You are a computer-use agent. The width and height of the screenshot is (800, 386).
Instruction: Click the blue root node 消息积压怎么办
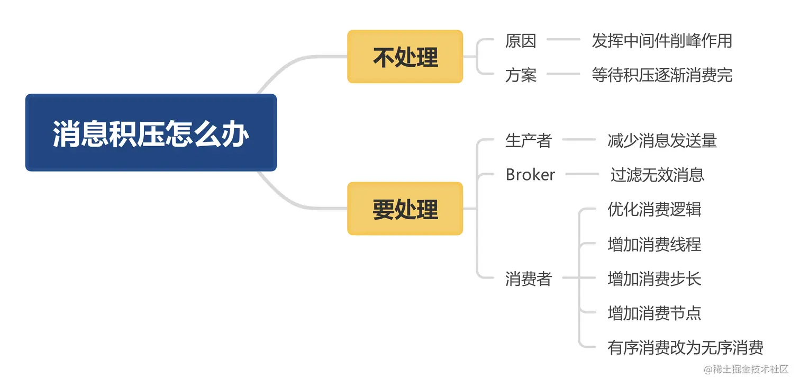point(151,133)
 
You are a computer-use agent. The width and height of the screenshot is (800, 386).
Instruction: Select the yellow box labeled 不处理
point(405,57)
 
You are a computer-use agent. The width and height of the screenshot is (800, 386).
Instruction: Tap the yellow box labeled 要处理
point(405,209)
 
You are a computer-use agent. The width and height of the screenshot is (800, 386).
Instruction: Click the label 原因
point(521,41)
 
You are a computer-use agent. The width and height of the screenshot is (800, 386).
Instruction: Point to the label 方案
point(521,75)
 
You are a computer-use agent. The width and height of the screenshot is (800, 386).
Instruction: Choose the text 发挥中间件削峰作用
point(662,41)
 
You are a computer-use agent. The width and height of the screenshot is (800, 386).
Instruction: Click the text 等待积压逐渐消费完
point(662,75)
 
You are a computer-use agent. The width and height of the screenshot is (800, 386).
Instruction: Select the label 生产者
point(529,140)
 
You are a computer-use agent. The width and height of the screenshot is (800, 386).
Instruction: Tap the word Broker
point(530,175)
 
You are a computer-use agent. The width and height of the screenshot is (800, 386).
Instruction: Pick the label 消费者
point(529,279)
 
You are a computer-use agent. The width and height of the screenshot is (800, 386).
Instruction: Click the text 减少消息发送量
point(662,140)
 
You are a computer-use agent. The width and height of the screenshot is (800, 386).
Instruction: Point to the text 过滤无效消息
point(658,175)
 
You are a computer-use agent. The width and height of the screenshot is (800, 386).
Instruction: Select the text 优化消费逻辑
point(654,210)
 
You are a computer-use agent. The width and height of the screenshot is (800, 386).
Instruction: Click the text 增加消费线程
point(654,244)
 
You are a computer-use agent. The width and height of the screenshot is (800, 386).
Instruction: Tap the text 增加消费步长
point(654,279)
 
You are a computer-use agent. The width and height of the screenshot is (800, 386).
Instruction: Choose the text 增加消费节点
point(654,313)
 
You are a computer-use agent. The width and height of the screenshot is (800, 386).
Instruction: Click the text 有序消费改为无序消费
point(685,348)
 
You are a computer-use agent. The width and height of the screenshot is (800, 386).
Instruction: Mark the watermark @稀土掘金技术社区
point(746,370)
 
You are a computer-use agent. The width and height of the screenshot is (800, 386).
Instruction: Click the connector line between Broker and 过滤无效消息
point(582,174)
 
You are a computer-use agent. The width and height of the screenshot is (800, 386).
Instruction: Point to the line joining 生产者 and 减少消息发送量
point(579,140)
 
